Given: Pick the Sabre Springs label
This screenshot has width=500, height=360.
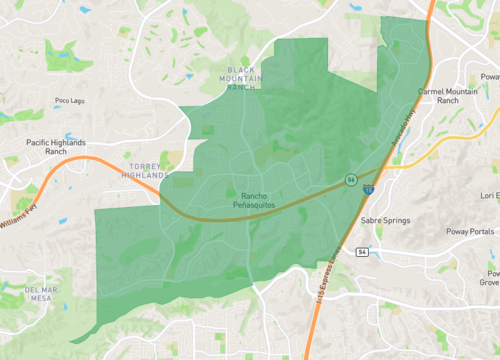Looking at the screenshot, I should tap(386, 217).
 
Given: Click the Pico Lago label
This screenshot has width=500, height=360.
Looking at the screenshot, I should tap(71, 100).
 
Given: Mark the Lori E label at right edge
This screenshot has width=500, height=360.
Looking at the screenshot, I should tap(489, 196).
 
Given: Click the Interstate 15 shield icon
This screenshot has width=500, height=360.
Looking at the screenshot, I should tap(369, 187).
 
